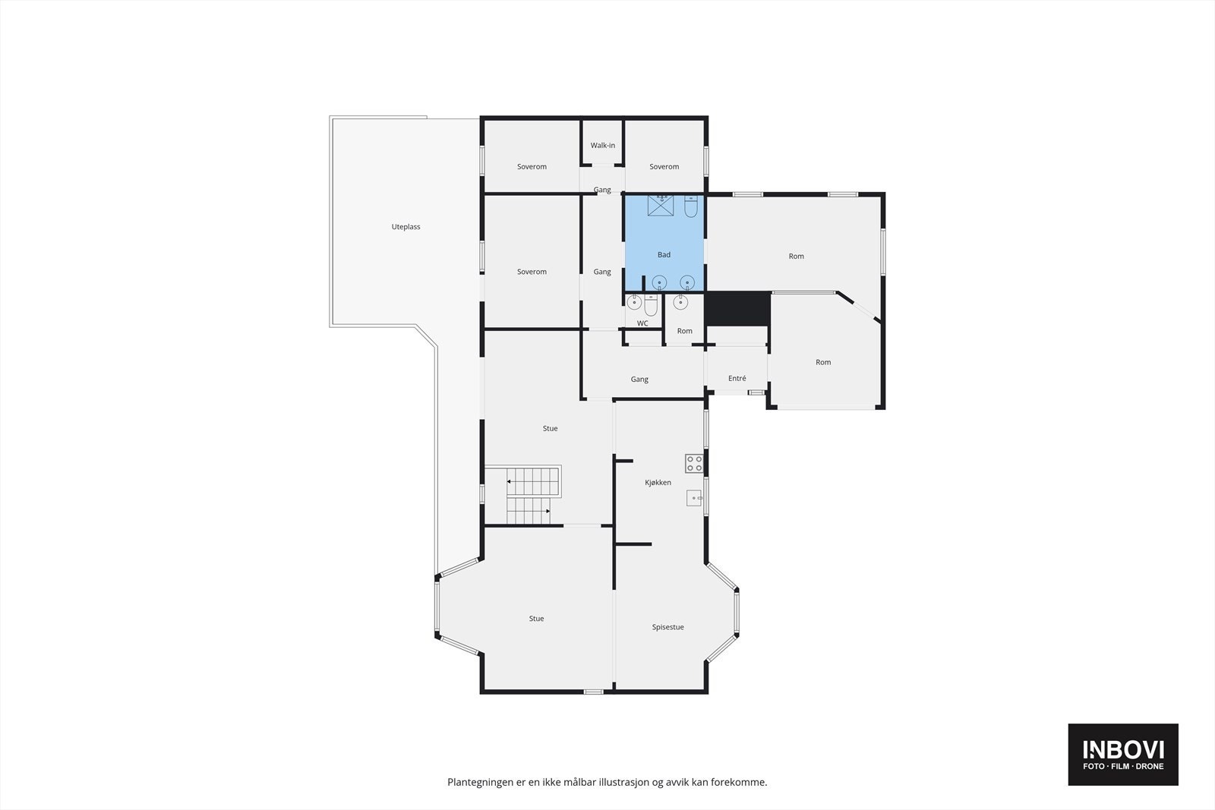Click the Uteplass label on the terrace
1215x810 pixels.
pos(406,227)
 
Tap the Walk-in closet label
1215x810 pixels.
pos(603,145)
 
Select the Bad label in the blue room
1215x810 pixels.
pos(664,255)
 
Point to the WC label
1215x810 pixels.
pos(642,323)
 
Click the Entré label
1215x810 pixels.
pos(737,378)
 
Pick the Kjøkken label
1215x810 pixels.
pos(658,483)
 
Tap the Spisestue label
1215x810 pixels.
pos(667,627)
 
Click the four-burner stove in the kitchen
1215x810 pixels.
pos(693,463)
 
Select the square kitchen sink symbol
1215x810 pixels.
pos(694,498)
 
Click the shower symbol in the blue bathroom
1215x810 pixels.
pos(662,205)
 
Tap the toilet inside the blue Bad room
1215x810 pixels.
pos(690,206)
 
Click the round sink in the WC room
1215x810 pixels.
pos(635,303)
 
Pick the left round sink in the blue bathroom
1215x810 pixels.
pos(660,283)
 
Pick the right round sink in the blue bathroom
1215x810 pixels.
pos(687,283)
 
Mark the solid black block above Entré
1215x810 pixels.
pos(737,309)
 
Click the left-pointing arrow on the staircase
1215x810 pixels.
pos(508,481)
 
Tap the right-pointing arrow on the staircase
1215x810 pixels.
pos(547,511)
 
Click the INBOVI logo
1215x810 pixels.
pos(1122,754)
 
